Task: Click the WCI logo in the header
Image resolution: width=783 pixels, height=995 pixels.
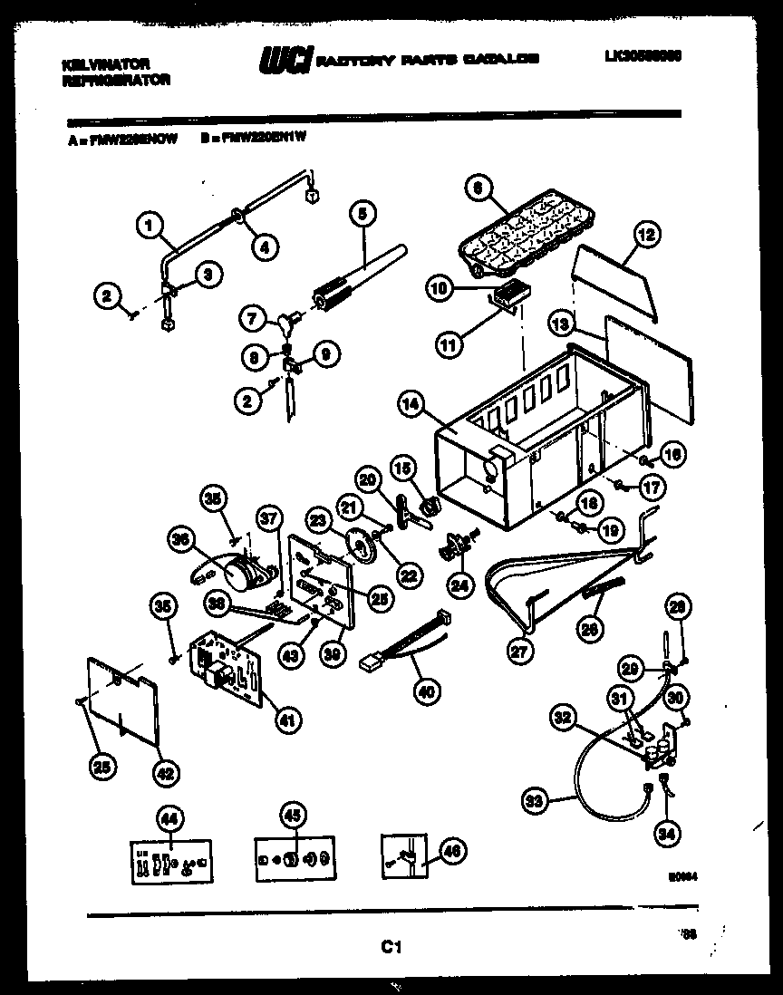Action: [285, 60]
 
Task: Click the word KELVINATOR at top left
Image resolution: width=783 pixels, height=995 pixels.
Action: [105, 64]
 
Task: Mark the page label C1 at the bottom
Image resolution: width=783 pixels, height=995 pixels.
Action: [391, 947]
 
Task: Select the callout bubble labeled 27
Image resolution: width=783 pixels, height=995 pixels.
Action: [522, 651]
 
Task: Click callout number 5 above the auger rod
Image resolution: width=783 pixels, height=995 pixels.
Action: [362, 214]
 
